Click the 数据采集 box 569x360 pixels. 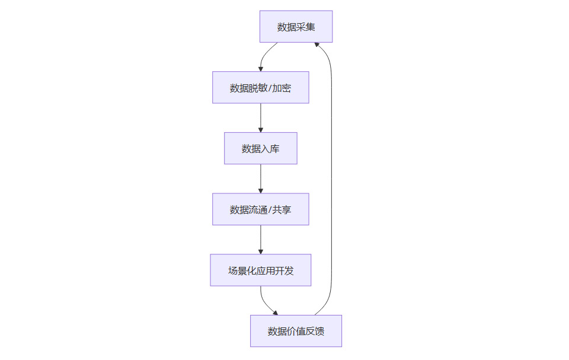tap(296, 27)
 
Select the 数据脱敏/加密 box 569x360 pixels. tap(260, 88)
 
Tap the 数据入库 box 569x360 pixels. tap(260, 148)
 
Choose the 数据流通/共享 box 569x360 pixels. tap(260, 209)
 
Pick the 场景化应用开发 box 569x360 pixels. tap(260, 270)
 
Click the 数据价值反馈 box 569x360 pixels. tap(296, 331)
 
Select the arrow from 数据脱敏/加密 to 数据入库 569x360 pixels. tap(261, 117)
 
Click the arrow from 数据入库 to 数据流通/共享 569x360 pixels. tap(261, 178)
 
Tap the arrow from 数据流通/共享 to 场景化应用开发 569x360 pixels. tap(261, 239)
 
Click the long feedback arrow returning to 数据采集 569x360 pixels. tap(331, 178)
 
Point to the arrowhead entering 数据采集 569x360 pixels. tap(317, 45)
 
